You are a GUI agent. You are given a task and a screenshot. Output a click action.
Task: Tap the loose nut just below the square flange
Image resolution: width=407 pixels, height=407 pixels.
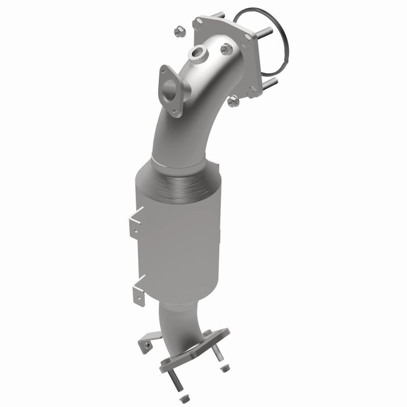pyautogui.click(x=233, y=101)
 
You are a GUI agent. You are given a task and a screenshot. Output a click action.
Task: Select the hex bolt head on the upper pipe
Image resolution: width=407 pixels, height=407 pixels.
pyautogui.click(x=227, y=49)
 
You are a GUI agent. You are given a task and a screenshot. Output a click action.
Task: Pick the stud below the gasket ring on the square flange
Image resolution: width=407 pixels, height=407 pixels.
pyautogui.click(x=269, y=85)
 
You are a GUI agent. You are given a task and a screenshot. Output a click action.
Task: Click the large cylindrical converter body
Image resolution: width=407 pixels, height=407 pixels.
pyautogui.click(x=183, y=244)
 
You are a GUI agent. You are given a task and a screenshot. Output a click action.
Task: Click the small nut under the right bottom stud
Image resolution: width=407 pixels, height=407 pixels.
pyautogui.click(x=226, y=369)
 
